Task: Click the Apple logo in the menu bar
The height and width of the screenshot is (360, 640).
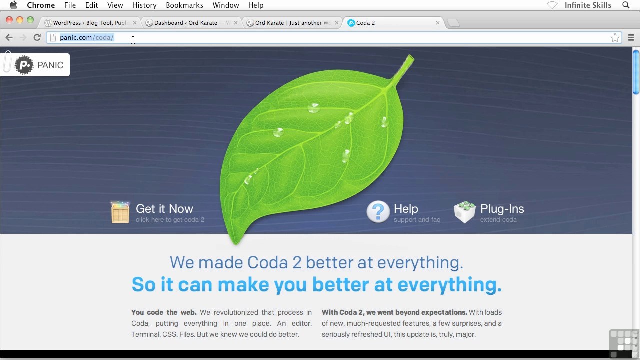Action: coord(13,5)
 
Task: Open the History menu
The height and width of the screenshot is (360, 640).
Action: coord(144,5)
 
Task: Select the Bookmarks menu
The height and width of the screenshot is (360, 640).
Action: coord(184,5)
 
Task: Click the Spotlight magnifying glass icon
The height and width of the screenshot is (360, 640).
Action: coord(626,5)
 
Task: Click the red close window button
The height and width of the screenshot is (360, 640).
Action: coord(9,20)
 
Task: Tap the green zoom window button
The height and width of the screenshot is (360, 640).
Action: coord(30,20)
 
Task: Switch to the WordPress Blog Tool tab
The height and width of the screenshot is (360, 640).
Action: coord(89,23)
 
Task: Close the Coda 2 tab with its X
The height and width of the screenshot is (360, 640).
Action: coord(437,23)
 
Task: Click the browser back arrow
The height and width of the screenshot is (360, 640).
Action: coord(9,37)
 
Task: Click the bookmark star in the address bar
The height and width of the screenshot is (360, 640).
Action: coord(615,37)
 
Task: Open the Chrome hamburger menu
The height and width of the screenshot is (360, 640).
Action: coord(631,37)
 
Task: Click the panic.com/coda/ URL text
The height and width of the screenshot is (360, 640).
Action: coord(87,37)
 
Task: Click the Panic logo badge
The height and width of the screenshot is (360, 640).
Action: coord(35,65)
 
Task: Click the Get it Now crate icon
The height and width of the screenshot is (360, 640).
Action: coord(120,212)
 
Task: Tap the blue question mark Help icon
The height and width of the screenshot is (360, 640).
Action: coord(378,211)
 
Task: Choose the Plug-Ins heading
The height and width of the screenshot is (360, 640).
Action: coord(502,209)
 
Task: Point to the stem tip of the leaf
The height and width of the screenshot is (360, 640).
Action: coord(411,57)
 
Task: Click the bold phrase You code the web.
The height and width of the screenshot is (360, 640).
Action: coord(164,312)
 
